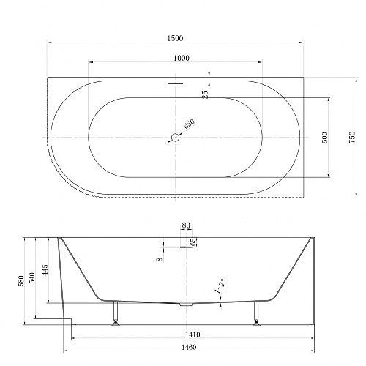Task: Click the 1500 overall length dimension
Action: click(175, 38)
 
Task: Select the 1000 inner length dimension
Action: click(182, 58)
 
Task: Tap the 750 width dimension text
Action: click(353, 138)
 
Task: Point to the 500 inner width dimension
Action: click(325, 138)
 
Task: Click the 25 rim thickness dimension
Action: click(206, 94)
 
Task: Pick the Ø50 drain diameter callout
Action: click(190, 124)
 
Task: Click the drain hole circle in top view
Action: click(175, 138)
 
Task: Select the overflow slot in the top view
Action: click(175, 83)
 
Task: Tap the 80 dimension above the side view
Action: click(186, 225)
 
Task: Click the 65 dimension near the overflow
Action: click(193, 242)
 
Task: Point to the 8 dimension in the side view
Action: click(160, 259)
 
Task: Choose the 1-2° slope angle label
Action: click(219, 285)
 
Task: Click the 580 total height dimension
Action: click(21, 280)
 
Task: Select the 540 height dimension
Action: click(32, 277)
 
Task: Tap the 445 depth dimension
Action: click(45, 270)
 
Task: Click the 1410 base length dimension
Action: click(192, 335)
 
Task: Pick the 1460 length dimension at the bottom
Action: click(189, 347)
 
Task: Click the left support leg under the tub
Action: click(116, 313)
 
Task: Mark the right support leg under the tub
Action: click(256, 313)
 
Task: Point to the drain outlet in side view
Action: click(186, 305)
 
